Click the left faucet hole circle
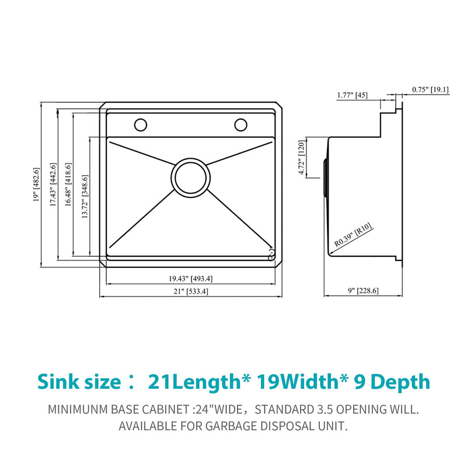(141, 124)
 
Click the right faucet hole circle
(241, 124)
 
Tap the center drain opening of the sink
(190, 177)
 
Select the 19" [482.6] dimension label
(36, 185)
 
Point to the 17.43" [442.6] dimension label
(53, 185)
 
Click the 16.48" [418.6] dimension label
(68, 185)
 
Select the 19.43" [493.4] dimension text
(191, 278)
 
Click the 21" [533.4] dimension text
(190, 291)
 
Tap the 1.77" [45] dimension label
(352, 95)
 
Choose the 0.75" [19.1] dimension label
(430, 89)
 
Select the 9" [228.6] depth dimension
(363, 291)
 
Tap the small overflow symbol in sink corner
(271, 254)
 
